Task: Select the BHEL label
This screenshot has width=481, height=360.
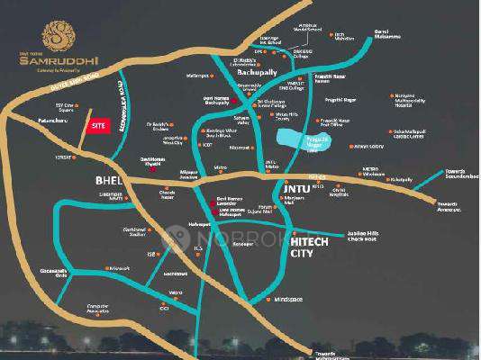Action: click(x=108, y=181)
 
